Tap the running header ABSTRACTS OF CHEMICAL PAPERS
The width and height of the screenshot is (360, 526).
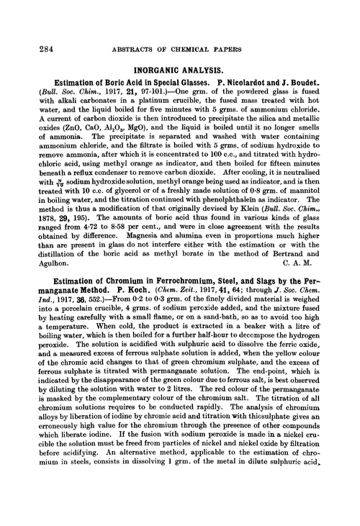(180, 30)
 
